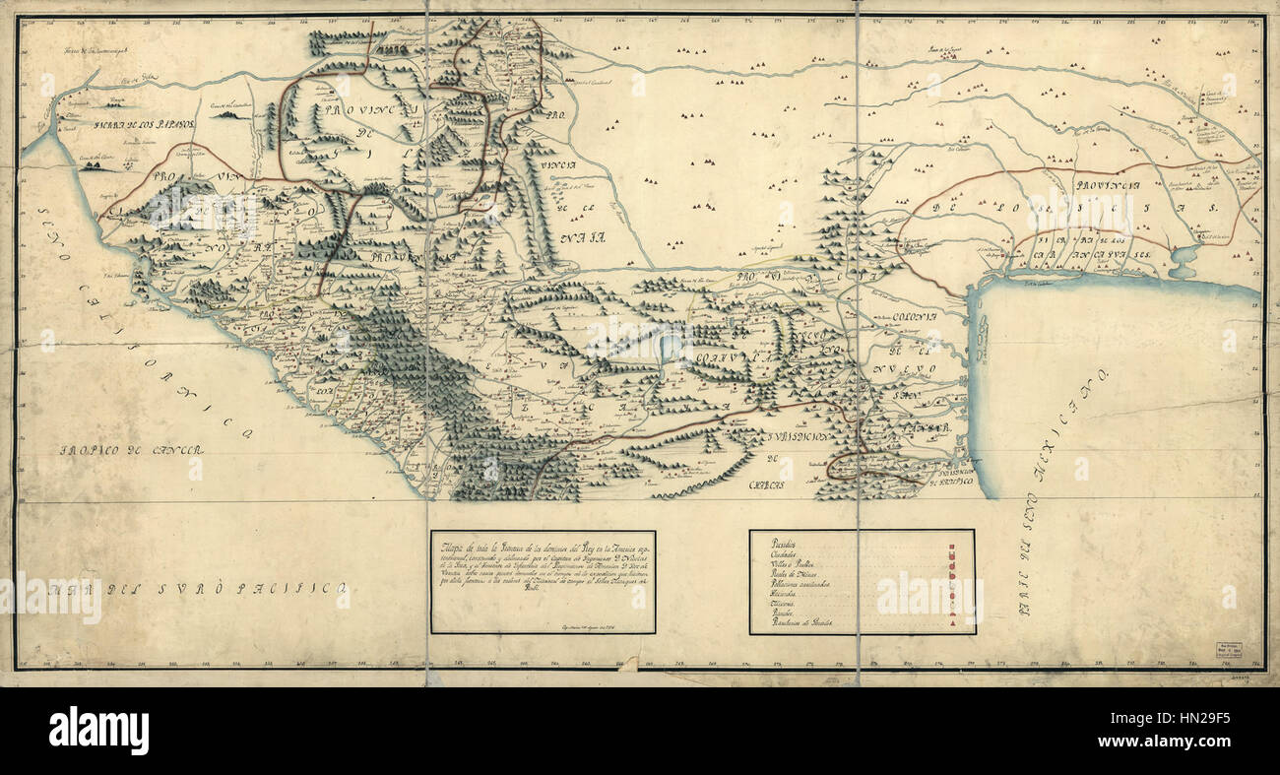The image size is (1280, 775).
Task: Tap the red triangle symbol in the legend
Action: (951, 625)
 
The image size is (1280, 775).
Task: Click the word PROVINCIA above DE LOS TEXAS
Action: (1107, 185)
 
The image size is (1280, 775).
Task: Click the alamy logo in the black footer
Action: (98, 731)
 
